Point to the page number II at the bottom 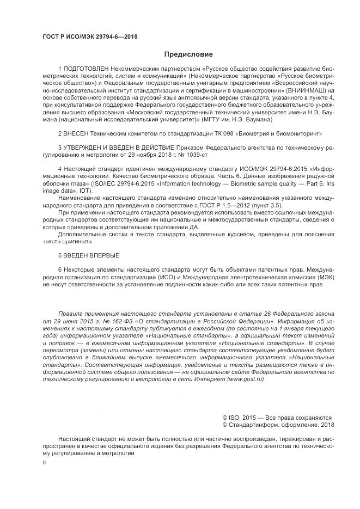45,462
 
